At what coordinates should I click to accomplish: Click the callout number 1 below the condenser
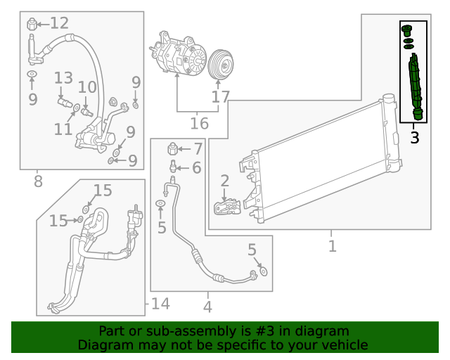point(332,246)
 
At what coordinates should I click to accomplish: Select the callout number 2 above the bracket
point(225,181)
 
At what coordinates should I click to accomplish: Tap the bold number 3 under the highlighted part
point(415,138)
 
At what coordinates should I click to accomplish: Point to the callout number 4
point(207,307)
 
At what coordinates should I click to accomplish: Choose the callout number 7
point(198,149)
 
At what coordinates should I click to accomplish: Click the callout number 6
point(196,167)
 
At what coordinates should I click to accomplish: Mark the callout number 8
point(38,181)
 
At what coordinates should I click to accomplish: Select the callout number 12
point(59,23)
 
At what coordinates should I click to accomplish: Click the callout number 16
point(199,124)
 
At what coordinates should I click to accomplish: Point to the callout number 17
point(220,97)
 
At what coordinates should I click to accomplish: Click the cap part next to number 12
point(32,25)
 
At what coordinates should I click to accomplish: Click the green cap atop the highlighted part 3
point(406,30)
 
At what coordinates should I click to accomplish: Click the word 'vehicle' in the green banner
point(342,345)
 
